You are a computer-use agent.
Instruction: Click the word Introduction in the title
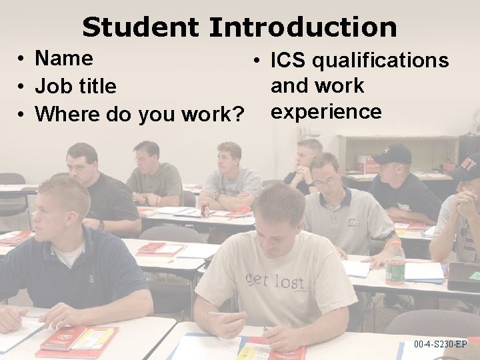[x=303, y=27]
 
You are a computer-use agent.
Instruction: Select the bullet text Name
[x=63, y=58]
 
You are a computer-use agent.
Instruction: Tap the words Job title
[x=75, y=87]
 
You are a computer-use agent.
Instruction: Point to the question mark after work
[x=236, y=115]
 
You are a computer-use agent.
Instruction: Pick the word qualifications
[x=381, y=61]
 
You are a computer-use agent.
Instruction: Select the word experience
[x=326, y=111]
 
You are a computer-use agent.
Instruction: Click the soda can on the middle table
[x=205, y=209]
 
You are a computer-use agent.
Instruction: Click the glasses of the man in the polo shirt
[x=325, y=181]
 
